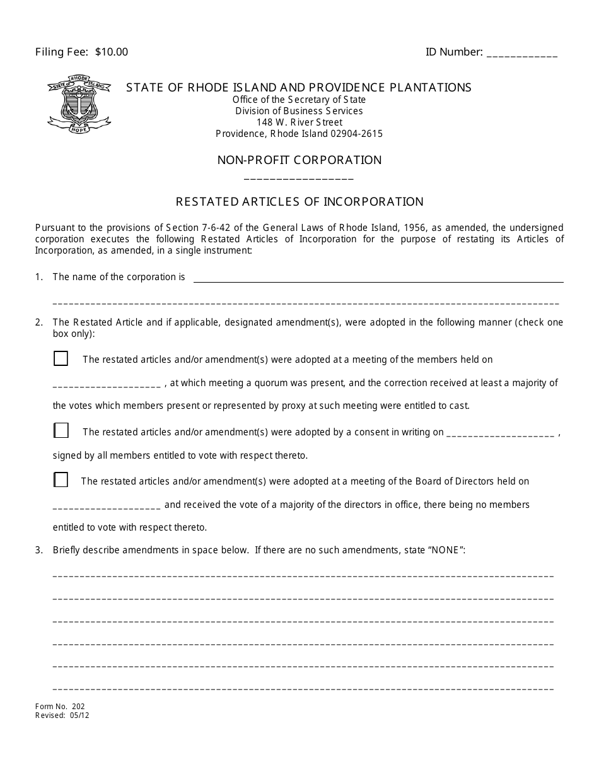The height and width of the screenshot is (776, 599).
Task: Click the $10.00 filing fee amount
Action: (112, 52)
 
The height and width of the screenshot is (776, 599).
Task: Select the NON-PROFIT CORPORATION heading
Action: (299, 160)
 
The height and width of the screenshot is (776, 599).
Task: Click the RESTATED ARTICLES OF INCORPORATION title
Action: (299, 202)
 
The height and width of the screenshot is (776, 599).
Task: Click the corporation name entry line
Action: (378, 278)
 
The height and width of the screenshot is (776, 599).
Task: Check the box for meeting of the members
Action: (61, 359)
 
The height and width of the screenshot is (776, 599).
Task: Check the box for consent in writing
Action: (61, 431)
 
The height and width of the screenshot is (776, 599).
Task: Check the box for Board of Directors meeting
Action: (61, 480)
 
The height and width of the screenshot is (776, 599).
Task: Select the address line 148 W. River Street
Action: (299, 122)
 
